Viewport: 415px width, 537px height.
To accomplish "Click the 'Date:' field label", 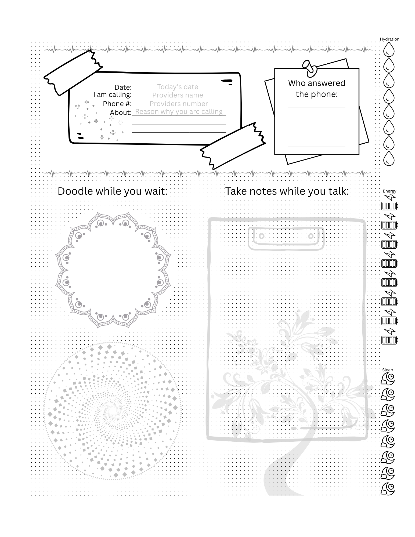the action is (x=123, y=87).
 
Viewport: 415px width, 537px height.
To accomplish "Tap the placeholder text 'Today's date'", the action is (x=178, y=87).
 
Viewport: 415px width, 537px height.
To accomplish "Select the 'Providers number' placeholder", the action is (x=179, y=104).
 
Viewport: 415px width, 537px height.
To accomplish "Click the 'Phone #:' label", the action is (x=117, y=104).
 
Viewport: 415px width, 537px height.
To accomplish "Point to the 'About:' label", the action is (x=121, y=113).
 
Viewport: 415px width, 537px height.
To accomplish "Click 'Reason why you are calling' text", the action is (x=179, y=112).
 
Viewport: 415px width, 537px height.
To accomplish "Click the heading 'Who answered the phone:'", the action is (x=317, y=89).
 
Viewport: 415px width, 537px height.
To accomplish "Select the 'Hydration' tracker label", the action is (x=389, y=39).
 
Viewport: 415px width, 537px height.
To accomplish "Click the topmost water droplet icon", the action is (x=388, y=49).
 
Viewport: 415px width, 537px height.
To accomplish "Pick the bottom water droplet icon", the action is (x=388, y=158).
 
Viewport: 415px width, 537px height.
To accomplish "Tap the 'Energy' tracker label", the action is (x=389, y=191).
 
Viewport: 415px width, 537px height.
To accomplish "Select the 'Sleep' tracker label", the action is (x=388, y=370).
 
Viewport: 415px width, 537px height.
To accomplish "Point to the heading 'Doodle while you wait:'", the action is (x=113, y=191).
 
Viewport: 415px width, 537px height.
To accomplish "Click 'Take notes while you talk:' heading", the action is (x=287, y=191).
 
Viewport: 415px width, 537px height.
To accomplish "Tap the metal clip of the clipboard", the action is (x=286, y=238).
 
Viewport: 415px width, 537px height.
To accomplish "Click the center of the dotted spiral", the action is (x=112, y=411).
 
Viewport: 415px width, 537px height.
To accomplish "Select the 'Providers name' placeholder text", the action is (x=178, y=95).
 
